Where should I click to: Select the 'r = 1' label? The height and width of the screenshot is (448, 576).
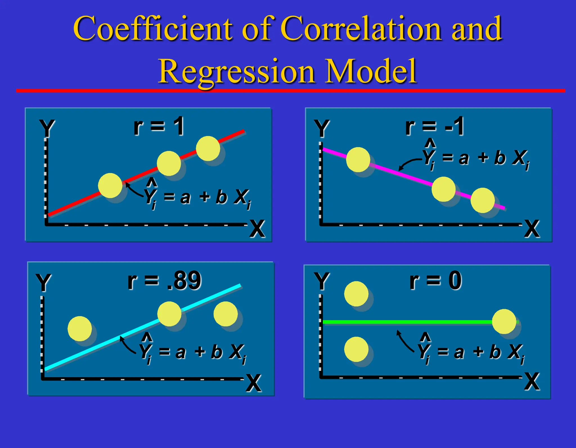click(x=159, y=127)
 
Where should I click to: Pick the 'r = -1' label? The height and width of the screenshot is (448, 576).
click(x=435, y=127)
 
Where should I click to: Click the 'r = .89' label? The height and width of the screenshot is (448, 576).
click(x=165, y=281)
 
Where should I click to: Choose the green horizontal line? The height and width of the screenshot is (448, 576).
click(x=408, y=322)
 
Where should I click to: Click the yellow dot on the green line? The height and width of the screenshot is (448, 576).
click(x=504, y=321)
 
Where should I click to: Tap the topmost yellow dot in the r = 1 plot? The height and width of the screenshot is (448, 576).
click(x=208, y=148)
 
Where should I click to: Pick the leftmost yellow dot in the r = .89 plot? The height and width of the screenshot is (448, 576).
click(x=80, y=328)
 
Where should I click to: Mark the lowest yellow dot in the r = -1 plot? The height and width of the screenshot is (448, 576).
click(x=483, y=200)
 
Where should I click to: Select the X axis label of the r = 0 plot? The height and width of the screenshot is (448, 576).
click(x=532, y=382)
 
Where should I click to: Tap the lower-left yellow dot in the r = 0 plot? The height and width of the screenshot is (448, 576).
click(x=356, y=349)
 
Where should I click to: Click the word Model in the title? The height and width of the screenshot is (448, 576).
click(x=371, y=71)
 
